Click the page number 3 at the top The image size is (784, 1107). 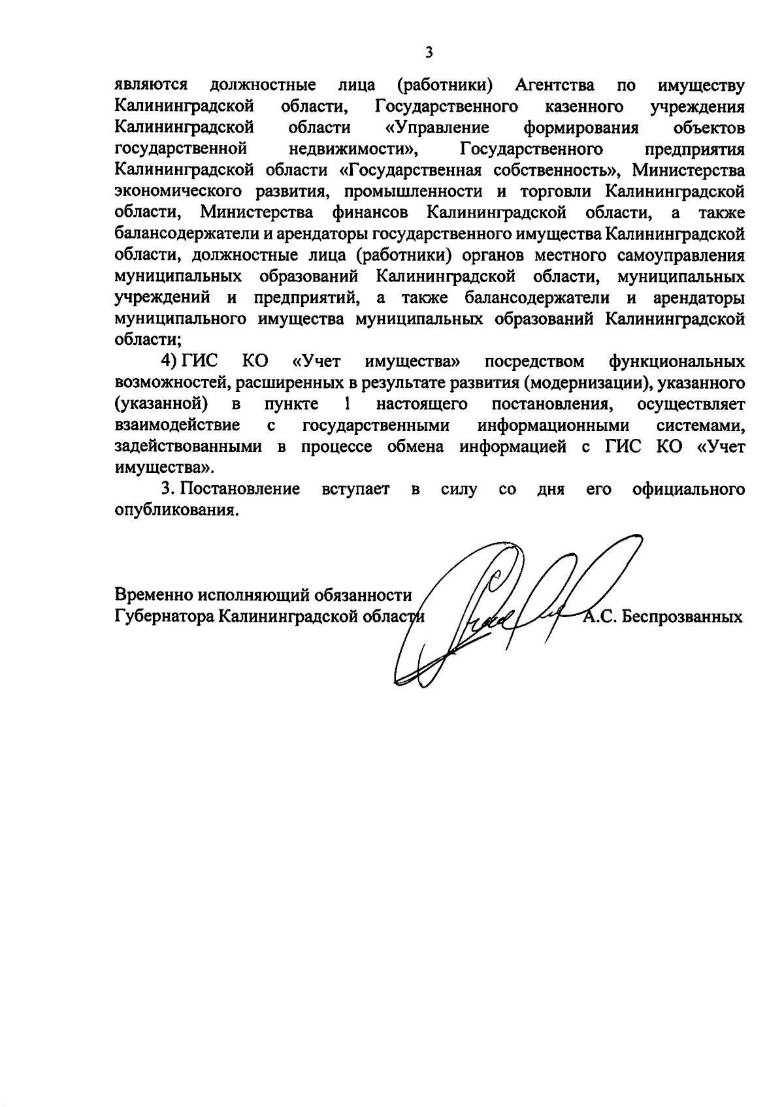click(429, 52)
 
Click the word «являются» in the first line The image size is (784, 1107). click(151, 86)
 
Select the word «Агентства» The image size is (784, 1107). click(555, 86)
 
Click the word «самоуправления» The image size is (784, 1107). click(679, 255)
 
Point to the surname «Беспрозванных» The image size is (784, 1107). click(681, 617)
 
